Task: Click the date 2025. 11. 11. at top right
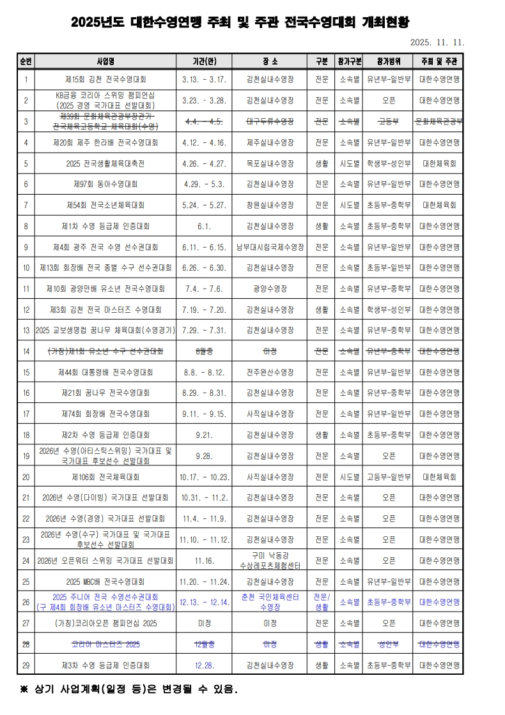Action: (437, 43)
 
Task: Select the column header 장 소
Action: (270, 61)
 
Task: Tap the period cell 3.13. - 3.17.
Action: (205, 80)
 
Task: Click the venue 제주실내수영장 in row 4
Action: (270, 142)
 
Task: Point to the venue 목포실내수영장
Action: (270, 163)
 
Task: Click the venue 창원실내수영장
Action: (270, 205)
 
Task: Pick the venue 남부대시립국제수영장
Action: (270, 247)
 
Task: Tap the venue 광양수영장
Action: (270, 289)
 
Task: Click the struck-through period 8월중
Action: (205, 351)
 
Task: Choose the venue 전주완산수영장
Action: (270, 372)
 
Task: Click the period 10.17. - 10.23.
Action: (205, 476)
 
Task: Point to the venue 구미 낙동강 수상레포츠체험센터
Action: (270, 560)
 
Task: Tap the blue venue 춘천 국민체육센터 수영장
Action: (270, 601)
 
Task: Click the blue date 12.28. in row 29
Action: (205, 665)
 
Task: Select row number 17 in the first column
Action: (26, 414)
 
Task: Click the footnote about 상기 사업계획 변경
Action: (128, 689)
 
